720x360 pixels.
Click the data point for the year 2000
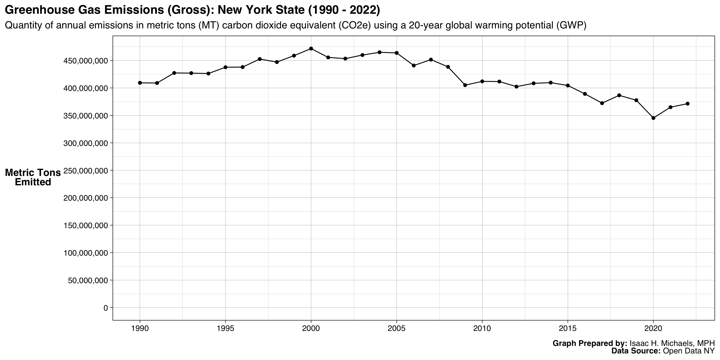(x=311, y=49)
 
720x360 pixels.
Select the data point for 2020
(x=653, y=118)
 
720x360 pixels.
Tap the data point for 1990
(x=140, y=83)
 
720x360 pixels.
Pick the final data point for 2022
(x=687, y=104)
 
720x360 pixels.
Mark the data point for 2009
(x=465, y=85)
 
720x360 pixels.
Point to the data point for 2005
(x=397, y=53)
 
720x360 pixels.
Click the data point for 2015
(x=568, y=86)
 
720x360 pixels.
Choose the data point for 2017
(x=602, y=103)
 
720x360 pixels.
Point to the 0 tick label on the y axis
(x=106, y=308)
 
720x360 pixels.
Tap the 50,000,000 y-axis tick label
(x=88, y=281)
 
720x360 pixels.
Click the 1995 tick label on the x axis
(x=225, y=328)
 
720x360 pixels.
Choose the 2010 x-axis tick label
(x=482, y=328)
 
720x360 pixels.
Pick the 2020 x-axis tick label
(x=653, y=328)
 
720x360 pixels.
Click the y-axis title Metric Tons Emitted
(x=33, y=177)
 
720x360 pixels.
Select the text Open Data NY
(x=688, y=351)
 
